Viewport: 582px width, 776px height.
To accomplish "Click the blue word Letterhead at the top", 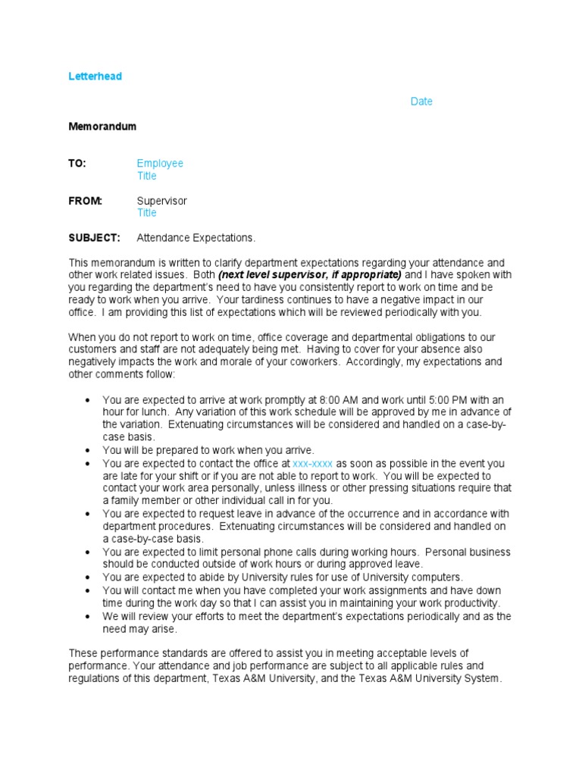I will pyautogui.click(x=95, y=77).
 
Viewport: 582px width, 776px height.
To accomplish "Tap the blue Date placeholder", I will pyautogui.click(x=421, y=102).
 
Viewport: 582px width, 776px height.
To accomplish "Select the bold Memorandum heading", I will pyautogui.click(x=102, y=127).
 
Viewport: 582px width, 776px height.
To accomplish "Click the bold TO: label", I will pyautogui.click(x=77, y=164).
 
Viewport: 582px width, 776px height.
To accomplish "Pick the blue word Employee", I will pyautogui.click(x=160, y=164).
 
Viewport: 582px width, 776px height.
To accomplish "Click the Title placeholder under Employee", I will pyautogui.click(x=146, y=176).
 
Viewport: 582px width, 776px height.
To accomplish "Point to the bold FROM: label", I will pyautogui.click(x=85, y=201).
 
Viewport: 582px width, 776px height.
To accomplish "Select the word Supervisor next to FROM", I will pyautogui.click(x=161, y=201).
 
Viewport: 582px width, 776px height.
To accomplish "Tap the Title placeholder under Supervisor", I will pyautogui.click(x=146, y=213).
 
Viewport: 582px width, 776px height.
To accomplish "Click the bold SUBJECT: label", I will pyautogui.click(x=94, y=238).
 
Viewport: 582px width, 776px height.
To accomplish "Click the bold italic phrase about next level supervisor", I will pyautogui.click(x=309, y=275).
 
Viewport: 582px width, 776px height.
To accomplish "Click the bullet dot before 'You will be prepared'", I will pyautogui.click(x=89, y=451).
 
